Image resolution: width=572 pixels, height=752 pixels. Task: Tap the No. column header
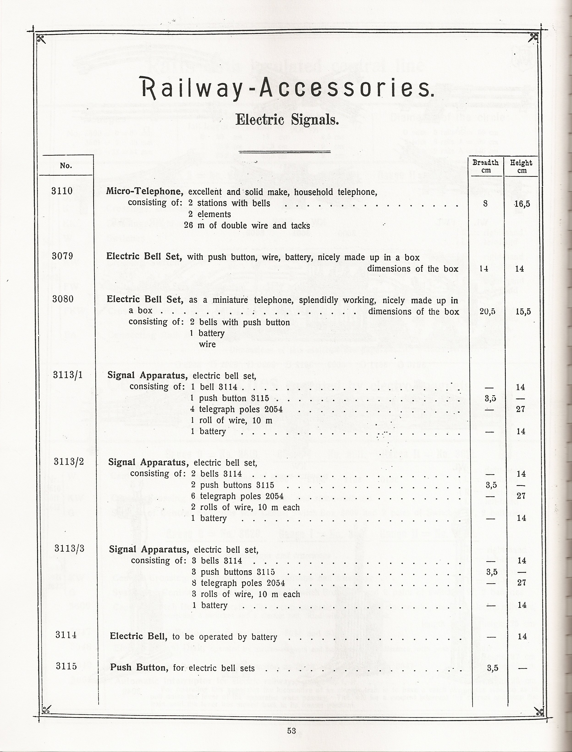pyautogui.click(x=66, y=166)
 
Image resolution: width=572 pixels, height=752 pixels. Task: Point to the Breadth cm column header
pyautogui.click(x=486, y=166)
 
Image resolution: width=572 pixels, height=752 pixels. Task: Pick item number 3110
pyautogui.click(x=62, y=191)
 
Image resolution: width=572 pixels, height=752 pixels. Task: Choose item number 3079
pyautogui.click(x=62, y=256)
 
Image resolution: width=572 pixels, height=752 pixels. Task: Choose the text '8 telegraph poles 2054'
pyautogui.click(x=238, y=583)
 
